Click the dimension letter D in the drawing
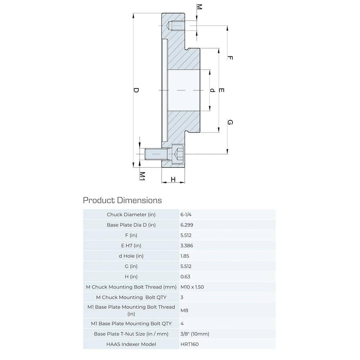click(x=136, y=90)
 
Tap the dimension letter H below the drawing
click(x=173, y=179)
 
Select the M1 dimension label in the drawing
click(x=143, y=176)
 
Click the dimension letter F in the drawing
click(x=230, y=58)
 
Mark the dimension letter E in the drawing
click(x=221, y=90)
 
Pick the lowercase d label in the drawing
click(x=212, y=90)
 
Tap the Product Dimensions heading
click(x=122, y=200)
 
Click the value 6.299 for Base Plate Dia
click(x=186, y=225)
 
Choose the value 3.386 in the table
click(x=186, y=246)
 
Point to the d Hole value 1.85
click(x=185, y=256)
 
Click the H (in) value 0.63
click(x=185, y=277)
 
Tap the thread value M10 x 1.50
click(x=195, y=287)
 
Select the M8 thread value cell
click(x=184, y=310)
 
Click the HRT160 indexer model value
click(x=189, y=344)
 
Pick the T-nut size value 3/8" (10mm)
click(x=195, y=334)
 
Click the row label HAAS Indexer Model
click(x=131, y=344)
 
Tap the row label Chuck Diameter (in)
click(x=131, y=215)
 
